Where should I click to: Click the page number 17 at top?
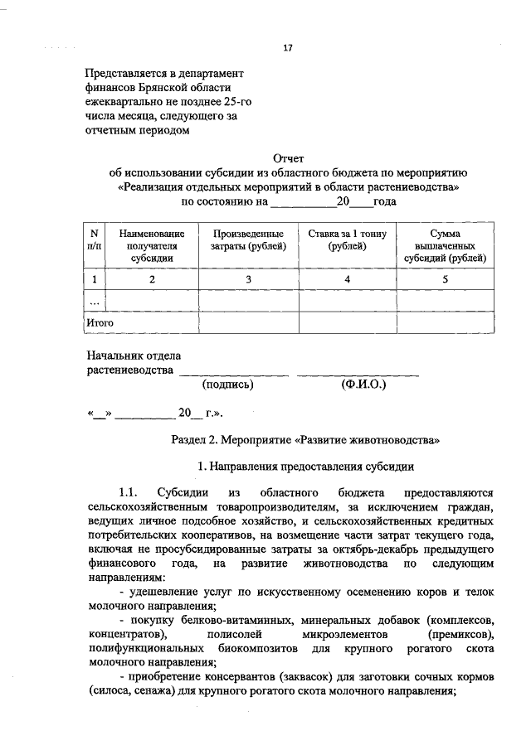[288, 48]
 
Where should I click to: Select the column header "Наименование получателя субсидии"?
[152, 245]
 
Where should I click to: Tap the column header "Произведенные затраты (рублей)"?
[249, 240]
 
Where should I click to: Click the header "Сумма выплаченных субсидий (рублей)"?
[446, 245]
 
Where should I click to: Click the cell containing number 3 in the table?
[249, 279]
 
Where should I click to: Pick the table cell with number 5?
[446, 279]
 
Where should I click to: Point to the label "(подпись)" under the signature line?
[228, 385]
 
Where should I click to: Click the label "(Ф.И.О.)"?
[363, 385]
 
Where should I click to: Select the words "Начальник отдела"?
[134, 356]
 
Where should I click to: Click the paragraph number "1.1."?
[133, 492]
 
